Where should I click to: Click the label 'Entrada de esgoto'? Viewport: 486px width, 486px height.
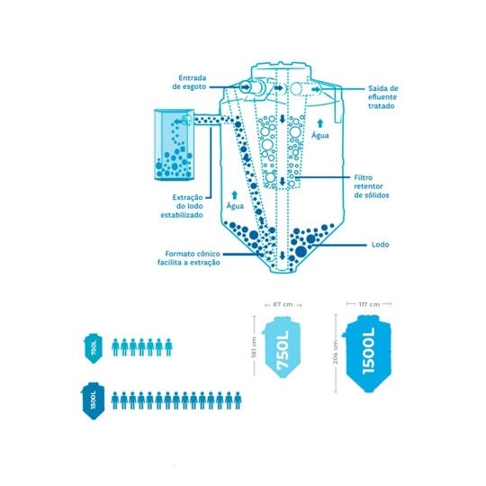coord(189,83)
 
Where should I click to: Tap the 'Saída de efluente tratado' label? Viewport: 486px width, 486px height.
coord(382,97)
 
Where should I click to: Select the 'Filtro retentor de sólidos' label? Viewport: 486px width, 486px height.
coord(372,186)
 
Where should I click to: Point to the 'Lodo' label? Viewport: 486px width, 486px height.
coord(380,245)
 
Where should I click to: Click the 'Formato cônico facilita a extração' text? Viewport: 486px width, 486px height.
coord(189,258)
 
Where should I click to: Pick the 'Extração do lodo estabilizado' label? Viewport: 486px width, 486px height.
coord(182,206)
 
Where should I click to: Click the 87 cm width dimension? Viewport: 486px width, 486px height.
coord(283,305)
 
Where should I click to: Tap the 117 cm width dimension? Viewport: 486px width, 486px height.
coord(369,304)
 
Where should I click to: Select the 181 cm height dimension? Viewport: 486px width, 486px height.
coord(254,346)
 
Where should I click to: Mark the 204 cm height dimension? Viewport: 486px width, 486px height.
coord(336,353)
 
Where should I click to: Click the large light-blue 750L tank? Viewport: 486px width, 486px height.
coord(282,346)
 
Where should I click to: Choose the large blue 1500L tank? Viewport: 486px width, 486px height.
coord(366,354)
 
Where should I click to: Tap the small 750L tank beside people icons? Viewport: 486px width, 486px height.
coord(94,347)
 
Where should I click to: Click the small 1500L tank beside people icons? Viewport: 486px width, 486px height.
coord(94,400)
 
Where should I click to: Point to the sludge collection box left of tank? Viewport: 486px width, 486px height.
coord(175,145)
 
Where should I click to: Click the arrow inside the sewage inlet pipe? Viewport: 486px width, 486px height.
coord(245,87)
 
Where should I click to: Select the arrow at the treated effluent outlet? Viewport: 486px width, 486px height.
coord(316,89)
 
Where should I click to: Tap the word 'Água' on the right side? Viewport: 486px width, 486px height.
coord(320,135)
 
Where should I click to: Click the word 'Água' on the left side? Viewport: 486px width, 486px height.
coord(235,206)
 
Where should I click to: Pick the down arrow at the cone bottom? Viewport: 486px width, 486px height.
coord(282,256)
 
